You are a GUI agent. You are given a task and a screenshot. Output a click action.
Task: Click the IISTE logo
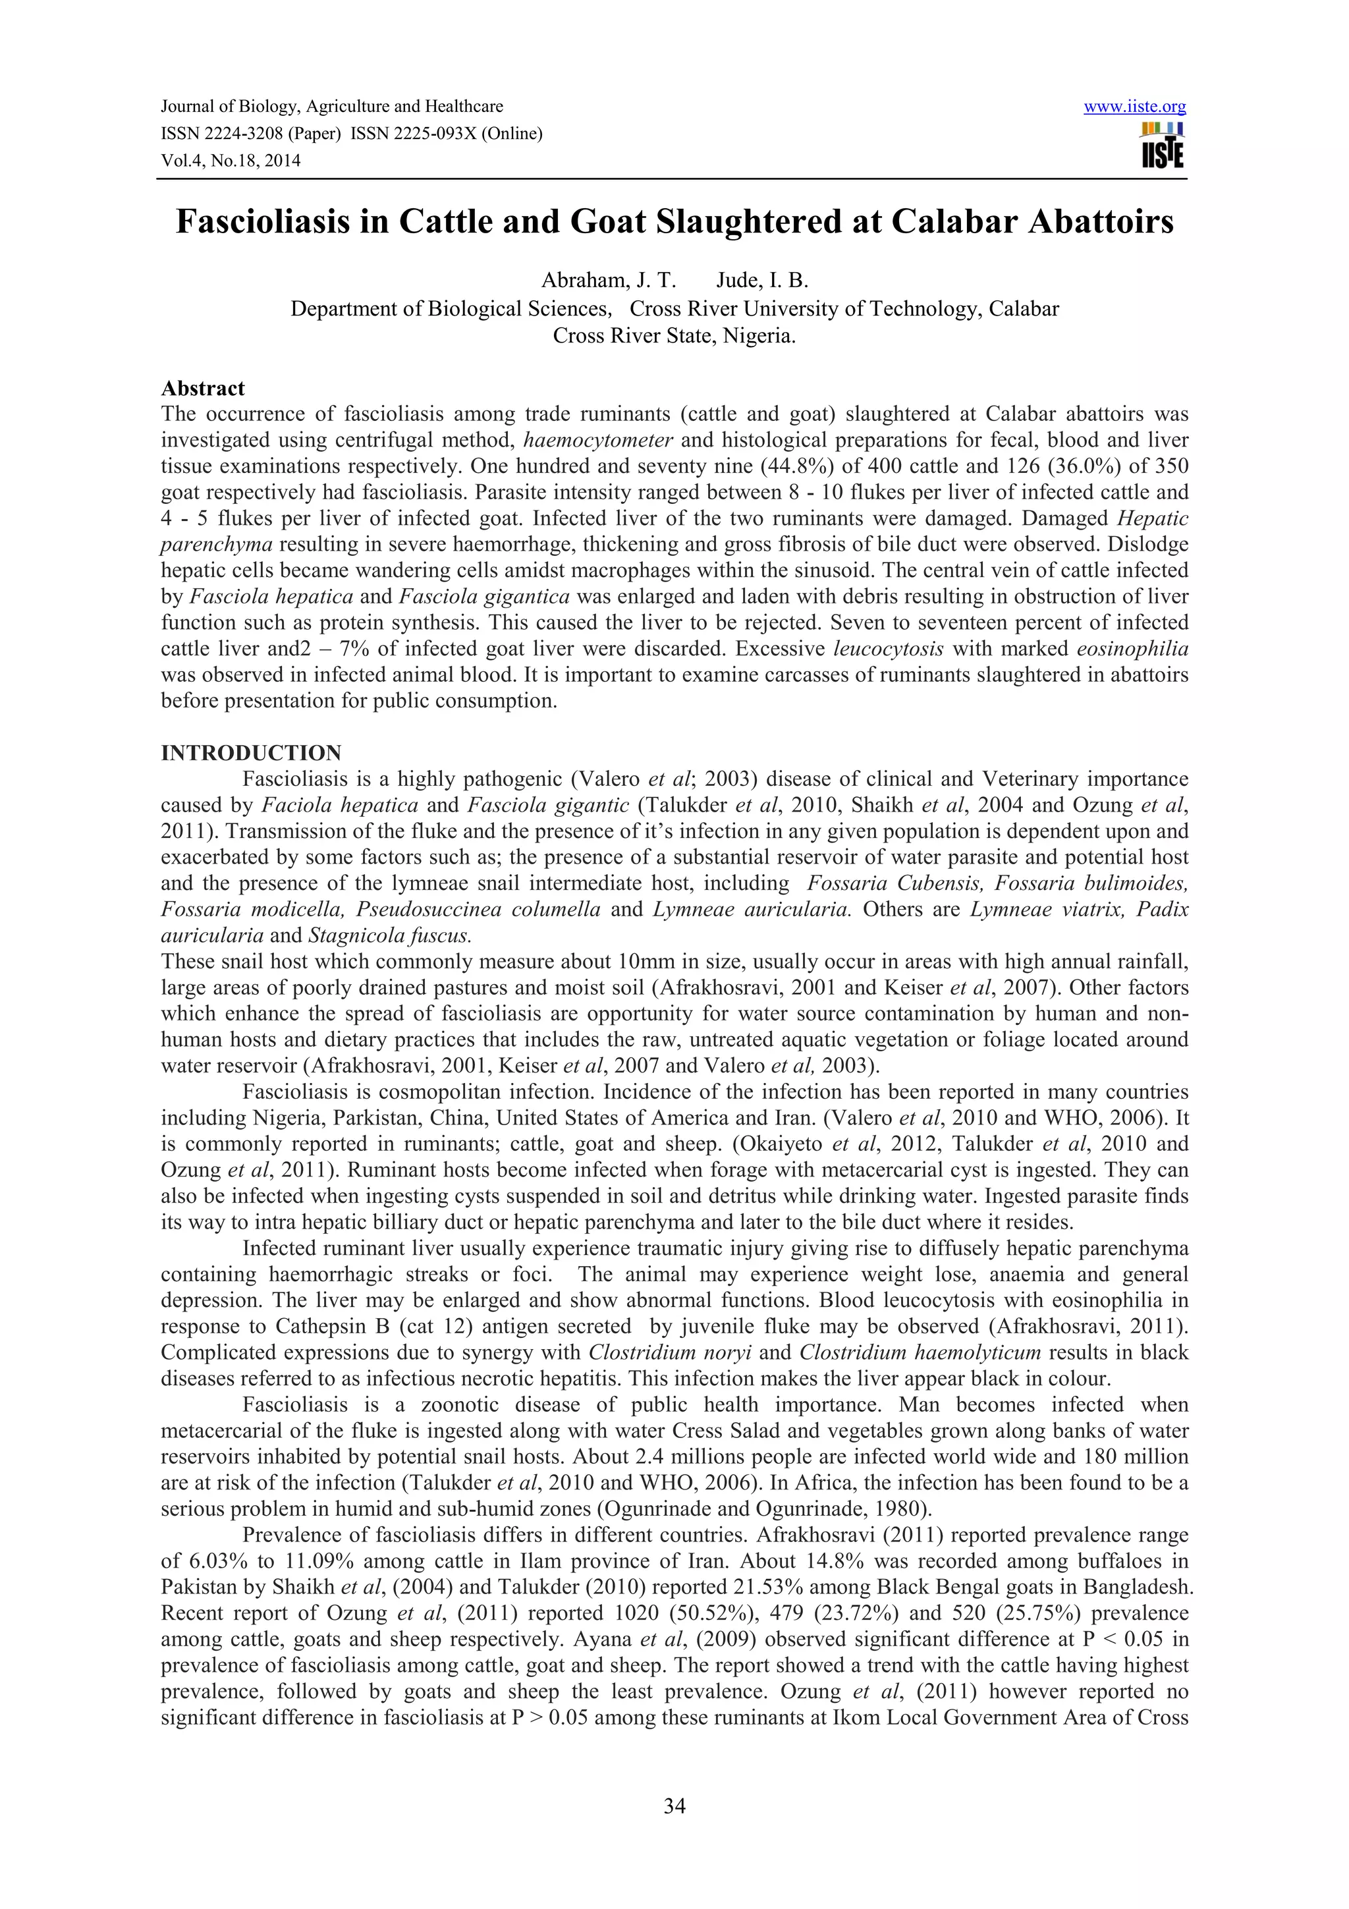(x=1163, y=146)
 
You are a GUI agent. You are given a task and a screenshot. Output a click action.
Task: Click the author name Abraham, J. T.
(x=609, y=279)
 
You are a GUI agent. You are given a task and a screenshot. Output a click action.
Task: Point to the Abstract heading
(x=203, y=388)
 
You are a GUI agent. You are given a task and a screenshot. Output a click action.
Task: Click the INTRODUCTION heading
(x=251, y=754)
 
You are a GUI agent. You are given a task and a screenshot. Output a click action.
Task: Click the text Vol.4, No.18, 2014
(x=231, y=161)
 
